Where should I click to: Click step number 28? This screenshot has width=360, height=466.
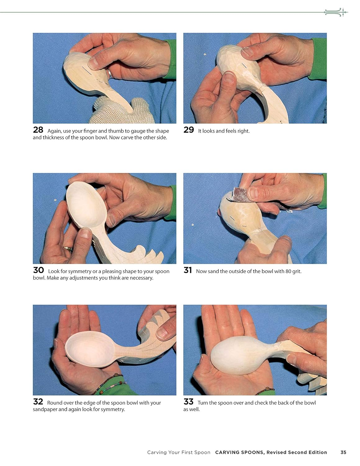(x=38, y=130)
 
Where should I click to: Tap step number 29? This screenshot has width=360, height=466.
(x=189, y=130)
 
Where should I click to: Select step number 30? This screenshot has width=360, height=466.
(x=39, y=270)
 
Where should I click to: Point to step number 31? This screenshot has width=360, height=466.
(x=188, y=270)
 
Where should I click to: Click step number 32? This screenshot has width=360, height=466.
(x=38, y=401)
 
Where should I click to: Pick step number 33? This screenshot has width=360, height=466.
(x=189, y=401)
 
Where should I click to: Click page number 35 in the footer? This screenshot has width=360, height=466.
(x=343, y=452)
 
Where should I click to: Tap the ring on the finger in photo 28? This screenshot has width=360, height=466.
(x=110, y=74)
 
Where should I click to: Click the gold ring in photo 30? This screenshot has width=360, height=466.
(x=68, y=249)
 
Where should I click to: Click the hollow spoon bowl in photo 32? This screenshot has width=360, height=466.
(x=90, y=349)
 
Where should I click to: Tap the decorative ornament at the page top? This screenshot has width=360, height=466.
(x=336, y=12)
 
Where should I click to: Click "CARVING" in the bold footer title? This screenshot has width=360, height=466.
(x=226, y=452)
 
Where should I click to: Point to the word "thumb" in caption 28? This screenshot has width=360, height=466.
(x=116, y=131)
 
